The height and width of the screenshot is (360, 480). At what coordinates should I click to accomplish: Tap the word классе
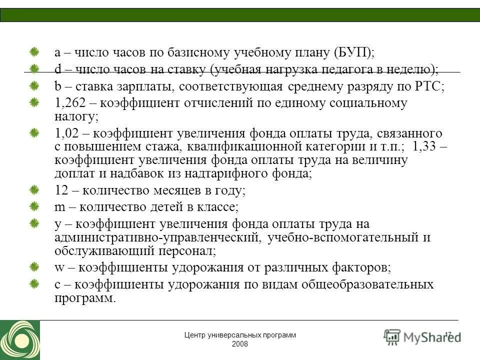pyautogui.click(x=218, y=206)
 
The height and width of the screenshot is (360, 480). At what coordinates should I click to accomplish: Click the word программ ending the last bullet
pyautogui.click(x=84, y=298)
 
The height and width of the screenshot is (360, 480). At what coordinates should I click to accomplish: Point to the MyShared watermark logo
pyautogui.click(x=422, y=336)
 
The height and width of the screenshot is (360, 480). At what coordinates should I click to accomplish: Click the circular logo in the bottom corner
pyautogui.click(x=19, y=340)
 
